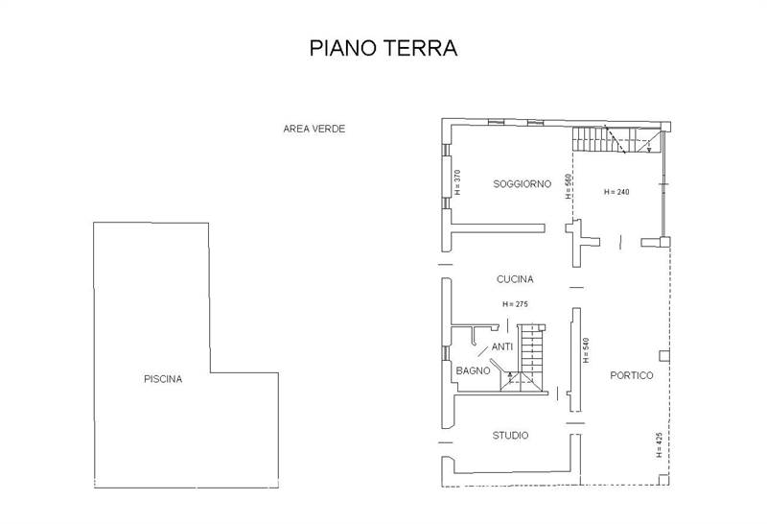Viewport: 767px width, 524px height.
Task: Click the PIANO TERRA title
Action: click(x=383, y=48)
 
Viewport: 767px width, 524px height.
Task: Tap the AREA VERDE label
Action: click(x=314, y=129)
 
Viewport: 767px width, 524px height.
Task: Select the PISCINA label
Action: click(x=163, y=379)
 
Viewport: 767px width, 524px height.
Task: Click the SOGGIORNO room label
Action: click(x=522, y=184)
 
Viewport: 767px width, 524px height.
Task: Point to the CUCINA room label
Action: click(x=515, y=279)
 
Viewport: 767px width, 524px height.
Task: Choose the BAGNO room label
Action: click(x=473, y=370)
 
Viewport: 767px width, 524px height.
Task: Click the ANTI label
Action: click(x=502, y=346)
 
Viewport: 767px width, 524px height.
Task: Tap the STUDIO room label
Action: click(x=510, y=436)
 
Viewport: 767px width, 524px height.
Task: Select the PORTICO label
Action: click(x=632, y=375)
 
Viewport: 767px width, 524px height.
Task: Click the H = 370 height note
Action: click(x=458, y=182)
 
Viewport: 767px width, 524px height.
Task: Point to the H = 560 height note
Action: click(x=569, y=186)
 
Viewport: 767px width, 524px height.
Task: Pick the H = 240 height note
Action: click(x=616, y=192)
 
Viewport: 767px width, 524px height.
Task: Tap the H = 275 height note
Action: click(x=515, y=304)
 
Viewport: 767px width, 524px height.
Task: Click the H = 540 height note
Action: click(x=586, y=350)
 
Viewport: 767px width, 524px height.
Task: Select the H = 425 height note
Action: click(x=659, y=444)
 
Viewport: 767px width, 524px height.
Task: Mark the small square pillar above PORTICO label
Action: click(x=663, y=356)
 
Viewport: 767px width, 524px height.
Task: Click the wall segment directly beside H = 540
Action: click(x=576, y=360)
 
